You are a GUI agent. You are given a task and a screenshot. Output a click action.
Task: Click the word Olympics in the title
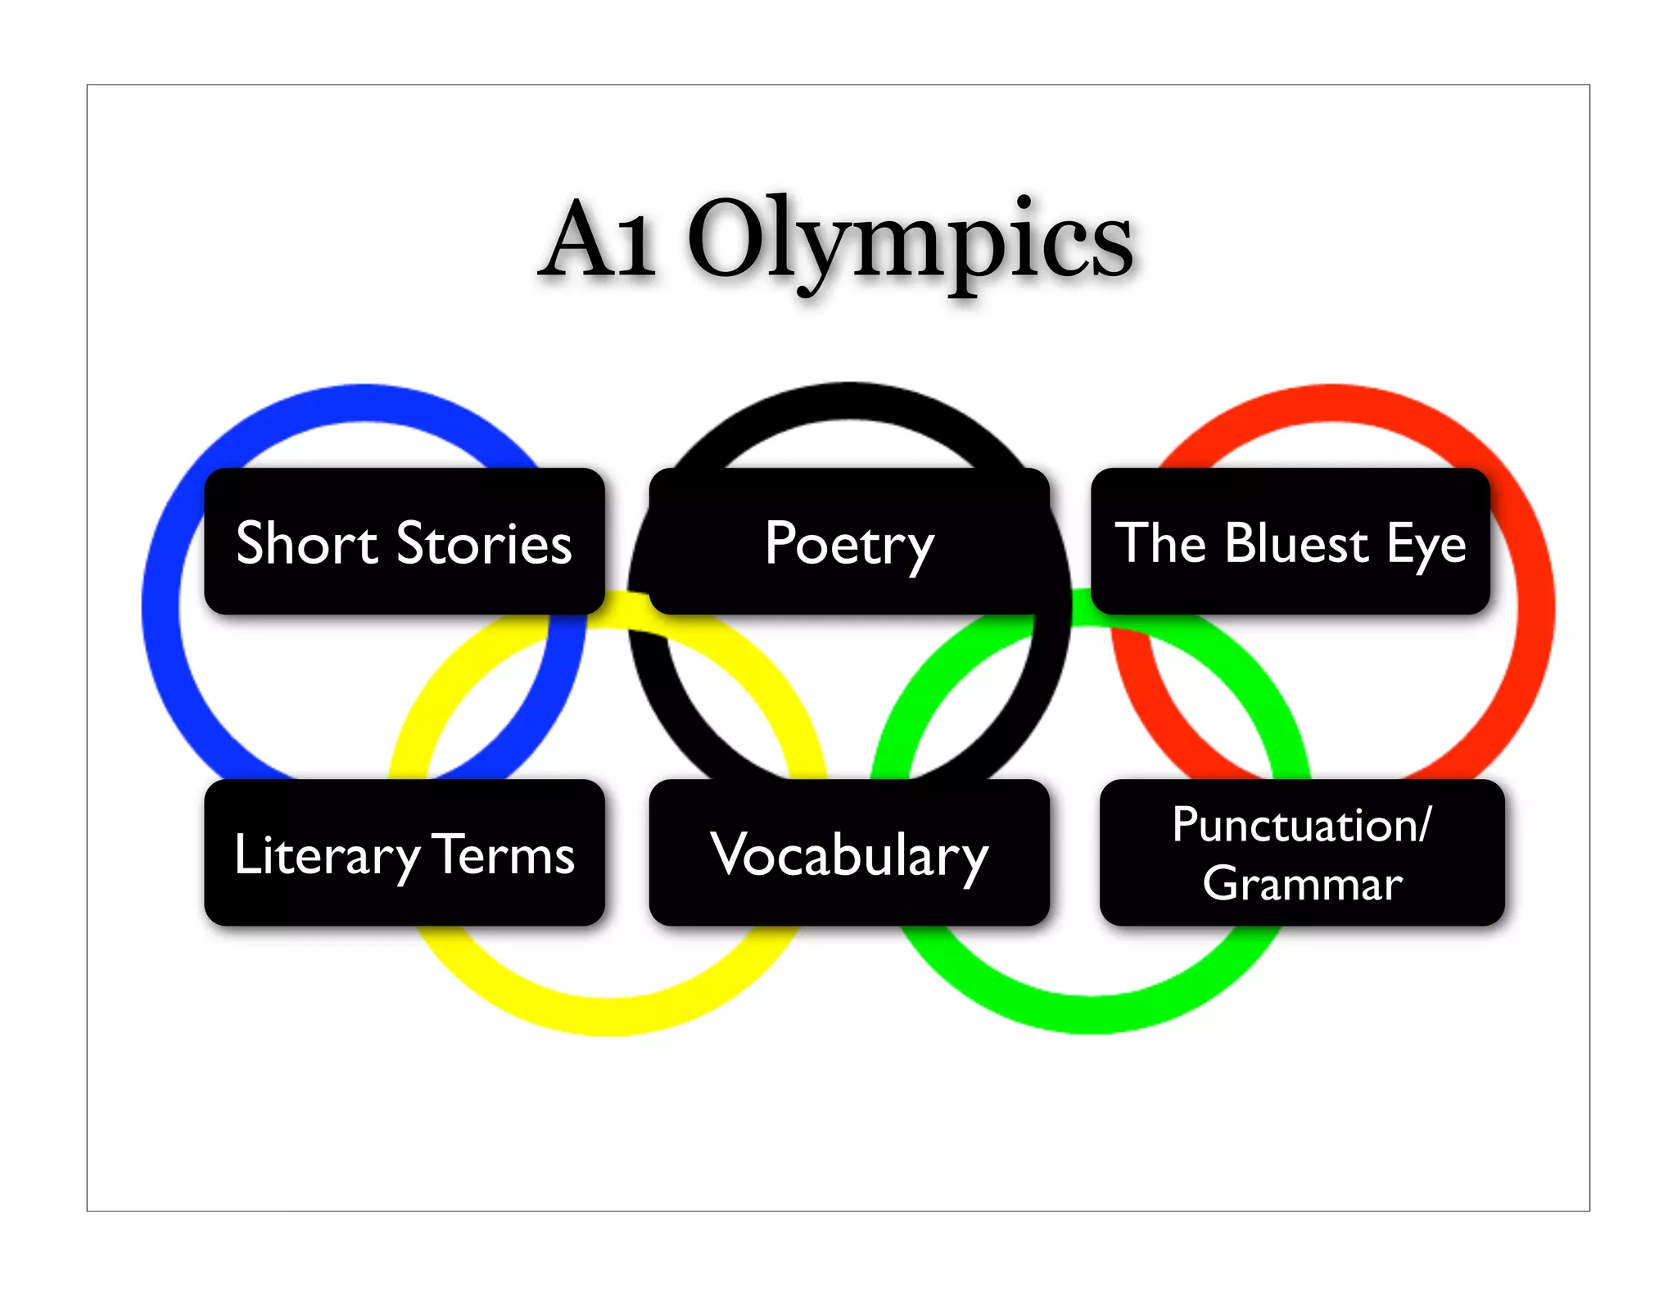911,241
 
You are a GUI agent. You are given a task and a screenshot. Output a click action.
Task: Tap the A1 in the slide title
599,241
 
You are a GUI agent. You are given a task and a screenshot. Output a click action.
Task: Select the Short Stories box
405,542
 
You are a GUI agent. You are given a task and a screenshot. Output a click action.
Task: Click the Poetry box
849,542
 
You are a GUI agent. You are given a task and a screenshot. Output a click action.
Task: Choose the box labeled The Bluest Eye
1291,542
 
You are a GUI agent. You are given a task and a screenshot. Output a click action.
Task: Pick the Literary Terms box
405,853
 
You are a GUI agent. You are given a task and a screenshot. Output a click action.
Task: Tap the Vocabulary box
849,853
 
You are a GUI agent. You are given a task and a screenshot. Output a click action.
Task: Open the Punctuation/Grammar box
1302,853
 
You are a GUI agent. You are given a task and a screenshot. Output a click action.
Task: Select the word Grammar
1302,883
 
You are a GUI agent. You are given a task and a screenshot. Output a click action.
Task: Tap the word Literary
326,856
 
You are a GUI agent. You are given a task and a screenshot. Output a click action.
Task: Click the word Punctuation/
1302,824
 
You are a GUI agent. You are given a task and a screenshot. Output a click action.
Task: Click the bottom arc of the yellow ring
608,1017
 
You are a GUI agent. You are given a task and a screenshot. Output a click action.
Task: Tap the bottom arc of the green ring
1089,1014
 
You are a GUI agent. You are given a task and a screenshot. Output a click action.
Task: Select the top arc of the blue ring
364,402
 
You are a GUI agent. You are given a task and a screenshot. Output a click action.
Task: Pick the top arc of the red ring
1331,402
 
